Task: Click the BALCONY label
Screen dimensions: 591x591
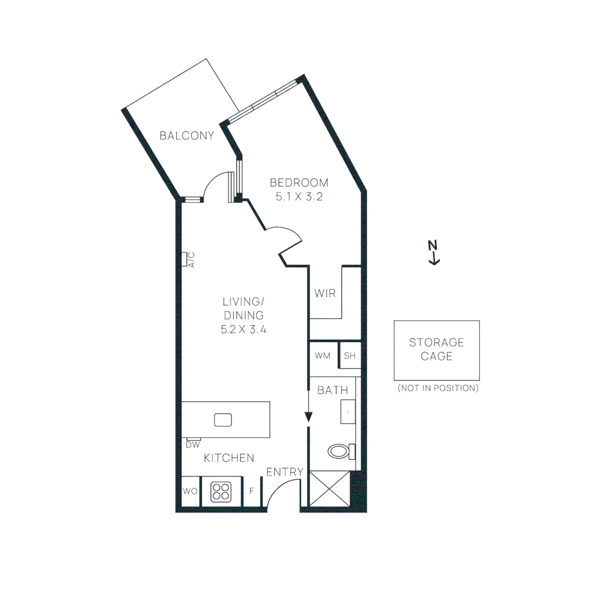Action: pos(187,136)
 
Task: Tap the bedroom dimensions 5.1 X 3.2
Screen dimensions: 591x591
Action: pos(299,196)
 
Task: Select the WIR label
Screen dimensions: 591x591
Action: pos(325,294)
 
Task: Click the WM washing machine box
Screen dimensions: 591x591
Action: pos(323,356)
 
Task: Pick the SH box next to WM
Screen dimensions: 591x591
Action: pos(350,356)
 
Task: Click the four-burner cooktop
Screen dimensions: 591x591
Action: pos(221,492)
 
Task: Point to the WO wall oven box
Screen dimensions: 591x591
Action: pos(190,491)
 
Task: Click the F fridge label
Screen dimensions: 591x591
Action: pos(252,491)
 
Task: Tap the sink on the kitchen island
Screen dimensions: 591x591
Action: pos(223,420)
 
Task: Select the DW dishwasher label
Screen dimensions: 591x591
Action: pos(193,445)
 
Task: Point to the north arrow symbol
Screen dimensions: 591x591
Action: pos(433,253)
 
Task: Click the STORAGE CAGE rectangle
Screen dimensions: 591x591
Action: pos(437,350)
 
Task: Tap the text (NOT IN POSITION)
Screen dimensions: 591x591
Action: pos(438,388)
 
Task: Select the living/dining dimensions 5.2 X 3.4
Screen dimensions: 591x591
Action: pos(244,329)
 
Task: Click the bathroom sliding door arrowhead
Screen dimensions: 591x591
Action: pos(309,417)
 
